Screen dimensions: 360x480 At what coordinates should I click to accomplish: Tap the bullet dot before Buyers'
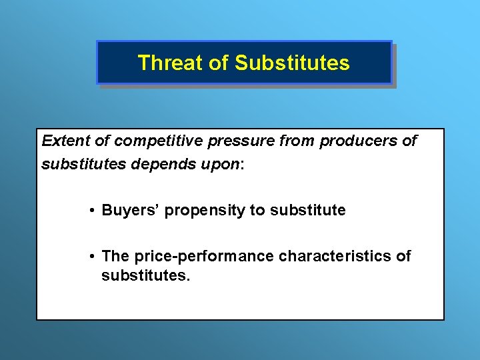(91, 211)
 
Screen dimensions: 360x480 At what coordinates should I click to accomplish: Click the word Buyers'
(130, 211)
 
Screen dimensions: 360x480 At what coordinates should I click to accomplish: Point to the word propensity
(205, 211)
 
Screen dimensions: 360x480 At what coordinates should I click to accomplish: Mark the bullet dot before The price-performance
(91, 257)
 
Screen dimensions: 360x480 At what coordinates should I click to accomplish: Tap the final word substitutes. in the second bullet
(145, 275)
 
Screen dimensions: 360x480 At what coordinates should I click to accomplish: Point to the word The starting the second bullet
(115, 256)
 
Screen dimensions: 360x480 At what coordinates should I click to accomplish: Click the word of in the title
(219, 63)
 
